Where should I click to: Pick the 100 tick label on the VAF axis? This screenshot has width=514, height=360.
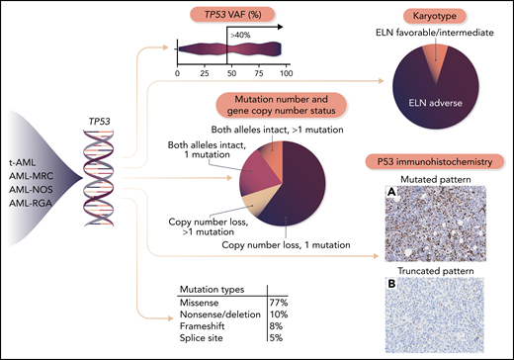pyautogui.click(x=285, y=74)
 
